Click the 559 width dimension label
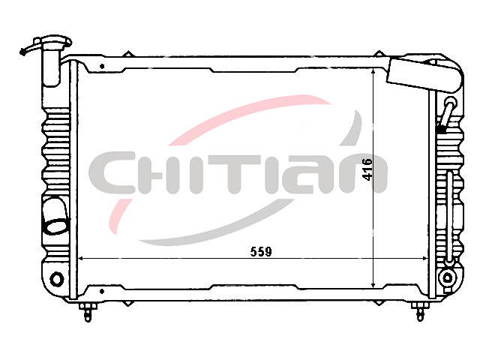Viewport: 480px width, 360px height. click(x=261, y=252)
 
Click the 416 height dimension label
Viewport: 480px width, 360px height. click(x=367, y=169)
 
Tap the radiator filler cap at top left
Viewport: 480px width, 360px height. click(x=52, y=42)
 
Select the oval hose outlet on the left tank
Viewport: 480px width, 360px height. click(x=56, y=226)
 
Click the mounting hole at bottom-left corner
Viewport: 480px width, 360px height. click(x=57, y=279)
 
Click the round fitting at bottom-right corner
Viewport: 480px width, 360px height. click(x=447, y=278)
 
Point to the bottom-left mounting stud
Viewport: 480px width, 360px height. click(x=88, y=312)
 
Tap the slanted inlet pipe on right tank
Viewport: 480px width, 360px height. click(x=447, y=112)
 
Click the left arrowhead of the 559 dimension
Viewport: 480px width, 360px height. click(x=80, y=259)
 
